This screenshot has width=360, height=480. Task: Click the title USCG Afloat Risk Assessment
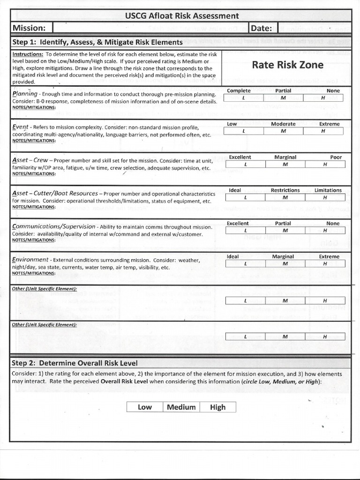tap(182, 16)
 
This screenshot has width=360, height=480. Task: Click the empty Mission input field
tap(150, 29)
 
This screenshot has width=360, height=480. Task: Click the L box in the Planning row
tap(244, 98)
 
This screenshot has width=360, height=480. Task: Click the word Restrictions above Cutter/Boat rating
tap(285, 190)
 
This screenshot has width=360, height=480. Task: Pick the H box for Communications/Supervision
tap(324, 231)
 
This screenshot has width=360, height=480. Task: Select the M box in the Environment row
tap(284, 264)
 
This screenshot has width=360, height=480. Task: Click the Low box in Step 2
tap(144, 407)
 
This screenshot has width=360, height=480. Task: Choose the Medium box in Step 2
tap(181, 407)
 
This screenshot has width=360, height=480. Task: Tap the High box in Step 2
tap(217, 407)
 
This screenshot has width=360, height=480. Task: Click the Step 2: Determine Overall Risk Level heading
tap(75, 363)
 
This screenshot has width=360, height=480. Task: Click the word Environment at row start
tap(30, 260)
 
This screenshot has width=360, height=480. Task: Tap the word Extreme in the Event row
tap(329, 124)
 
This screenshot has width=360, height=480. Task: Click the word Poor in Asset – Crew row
tap(336, 157)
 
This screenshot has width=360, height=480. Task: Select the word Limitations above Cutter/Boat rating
tap(328, 190)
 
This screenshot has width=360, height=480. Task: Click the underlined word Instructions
tap(28, 54)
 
